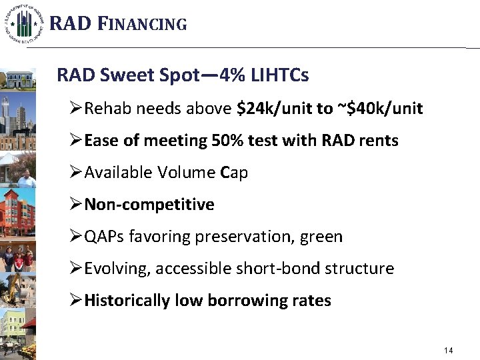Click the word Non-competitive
[150, 205]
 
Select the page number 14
[448, 351]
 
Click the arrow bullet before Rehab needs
[76, 109]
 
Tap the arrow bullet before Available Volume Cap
[76, 173]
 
